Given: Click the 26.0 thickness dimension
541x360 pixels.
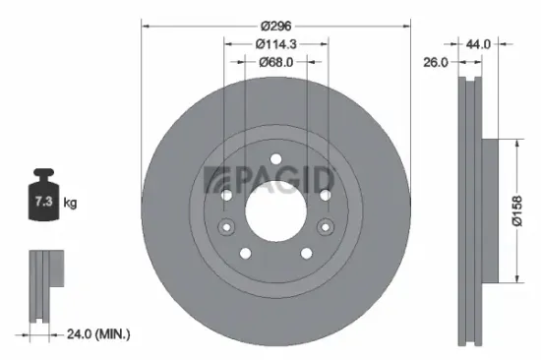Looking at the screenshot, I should tap(436, 61).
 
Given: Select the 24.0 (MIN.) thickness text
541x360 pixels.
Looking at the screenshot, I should tap(95, 334).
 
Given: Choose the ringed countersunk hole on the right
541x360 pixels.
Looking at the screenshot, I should tap(324, 196).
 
